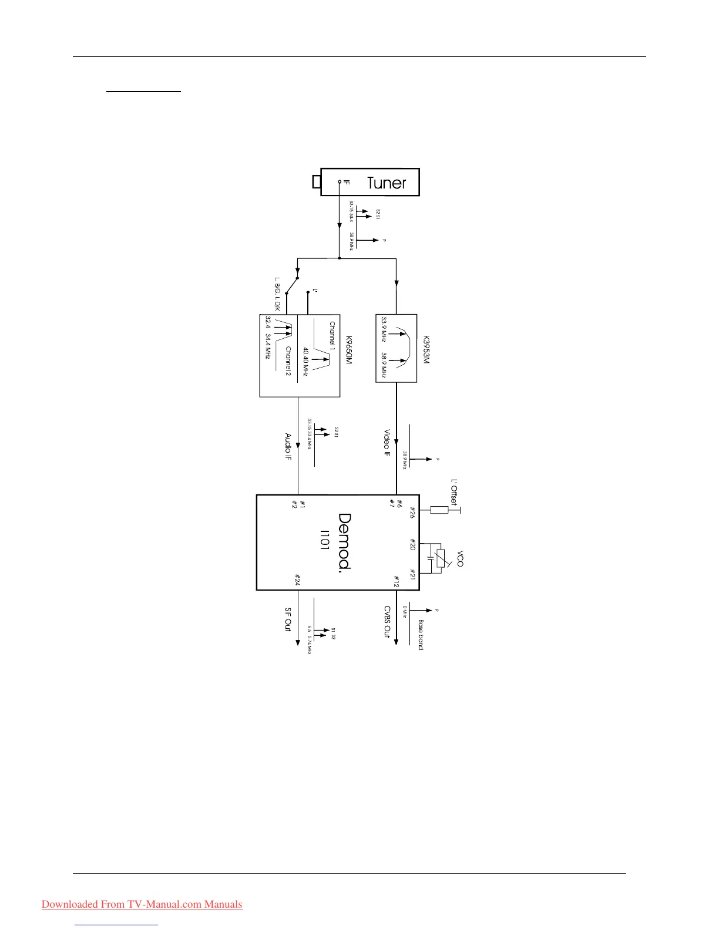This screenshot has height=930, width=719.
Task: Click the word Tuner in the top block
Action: tap(387, 183)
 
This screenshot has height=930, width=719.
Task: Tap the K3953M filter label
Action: tap(426, 350)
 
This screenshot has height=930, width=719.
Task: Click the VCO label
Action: tap(460, 558)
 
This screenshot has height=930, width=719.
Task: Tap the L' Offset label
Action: tap(454, 493)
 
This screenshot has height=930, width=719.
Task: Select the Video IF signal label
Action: tap(387, 443)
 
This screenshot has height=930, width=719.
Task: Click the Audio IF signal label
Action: tap(288, 447)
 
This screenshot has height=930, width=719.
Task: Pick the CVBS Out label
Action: tap(387, 622)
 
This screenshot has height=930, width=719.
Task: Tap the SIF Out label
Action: tap(288, 619)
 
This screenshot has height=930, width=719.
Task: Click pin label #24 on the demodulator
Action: tap(297, 579)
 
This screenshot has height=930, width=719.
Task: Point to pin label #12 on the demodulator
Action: tap(396, 581)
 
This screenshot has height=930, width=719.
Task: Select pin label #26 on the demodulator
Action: tap(412, 512)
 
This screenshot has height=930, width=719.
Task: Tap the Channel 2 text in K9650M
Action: tap(288, 361)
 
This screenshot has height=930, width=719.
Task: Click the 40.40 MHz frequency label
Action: tap(306, 362)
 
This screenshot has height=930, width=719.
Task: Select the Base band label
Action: tap(421, 634)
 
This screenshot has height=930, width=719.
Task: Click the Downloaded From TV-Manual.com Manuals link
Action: tap(142, 904)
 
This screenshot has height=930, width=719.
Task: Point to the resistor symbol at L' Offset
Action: tap(439, 510)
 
